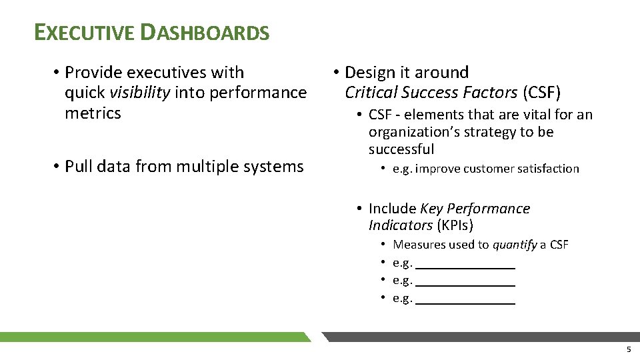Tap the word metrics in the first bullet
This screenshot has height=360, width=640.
(93, 113)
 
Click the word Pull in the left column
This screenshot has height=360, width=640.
(80, 166)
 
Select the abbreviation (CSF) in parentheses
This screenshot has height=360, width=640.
(541, 92)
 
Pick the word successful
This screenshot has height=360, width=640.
(401, 149)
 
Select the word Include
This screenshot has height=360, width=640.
(393, 209)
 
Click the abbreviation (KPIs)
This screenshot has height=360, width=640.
(455, 225)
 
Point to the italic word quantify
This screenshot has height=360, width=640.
(514, 245)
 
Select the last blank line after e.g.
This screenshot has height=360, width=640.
(465, 299)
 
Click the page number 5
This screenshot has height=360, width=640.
(628, 350)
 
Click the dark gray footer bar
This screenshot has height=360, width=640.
(480, 337)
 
